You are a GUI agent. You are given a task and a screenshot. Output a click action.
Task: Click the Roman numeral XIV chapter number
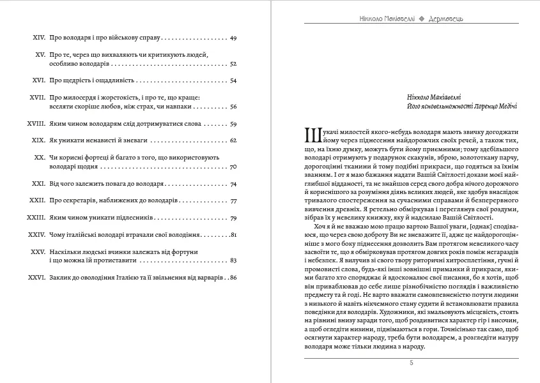37,38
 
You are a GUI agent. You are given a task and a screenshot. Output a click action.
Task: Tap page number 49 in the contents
233,38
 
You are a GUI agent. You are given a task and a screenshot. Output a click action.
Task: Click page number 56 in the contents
233,107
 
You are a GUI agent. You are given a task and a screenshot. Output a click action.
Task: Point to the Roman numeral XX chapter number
38,156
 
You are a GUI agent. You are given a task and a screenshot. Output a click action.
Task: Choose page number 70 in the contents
233,166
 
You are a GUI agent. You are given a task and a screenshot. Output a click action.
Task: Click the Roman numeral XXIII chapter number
35,218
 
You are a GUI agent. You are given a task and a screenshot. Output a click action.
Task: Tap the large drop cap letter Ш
312,135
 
